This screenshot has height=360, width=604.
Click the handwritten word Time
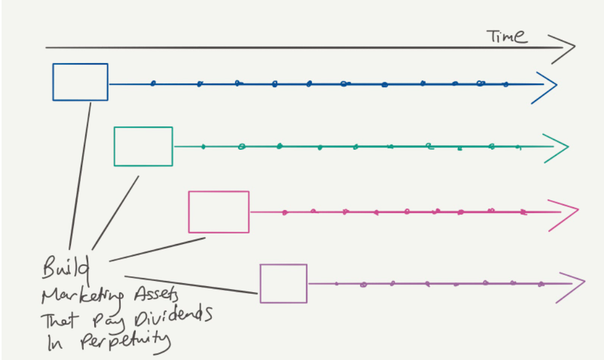(x=507, y=37)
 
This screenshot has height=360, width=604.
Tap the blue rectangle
(x=80, y=82)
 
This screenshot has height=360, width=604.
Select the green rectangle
(x=143, y=146)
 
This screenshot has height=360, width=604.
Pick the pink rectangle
(x=218, y=211)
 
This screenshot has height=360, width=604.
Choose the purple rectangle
(x=283, y=283)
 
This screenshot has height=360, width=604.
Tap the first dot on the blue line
(x=153, y=83)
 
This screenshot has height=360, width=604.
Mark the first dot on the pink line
(x=284, y=212)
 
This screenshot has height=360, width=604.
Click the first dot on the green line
(x=203, y=146)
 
